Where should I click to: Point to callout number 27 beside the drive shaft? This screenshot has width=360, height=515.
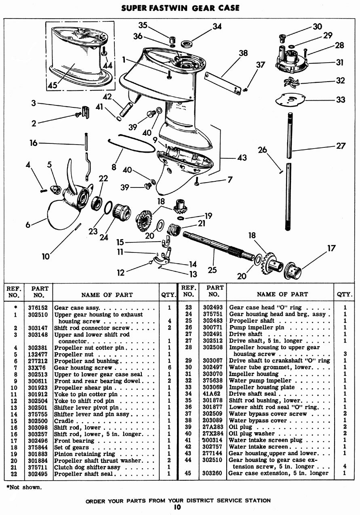point(341,146)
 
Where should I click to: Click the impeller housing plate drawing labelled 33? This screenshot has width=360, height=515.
point(292,99)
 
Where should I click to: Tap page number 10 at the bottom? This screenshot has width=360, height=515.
point(178,507)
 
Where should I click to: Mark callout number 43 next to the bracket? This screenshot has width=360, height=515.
point(242,158)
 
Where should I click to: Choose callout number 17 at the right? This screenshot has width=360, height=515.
point(331,248)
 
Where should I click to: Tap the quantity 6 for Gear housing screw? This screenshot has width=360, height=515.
point(169,368)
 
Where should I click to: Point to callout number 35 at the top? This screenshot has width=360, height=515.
point(143,25)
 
